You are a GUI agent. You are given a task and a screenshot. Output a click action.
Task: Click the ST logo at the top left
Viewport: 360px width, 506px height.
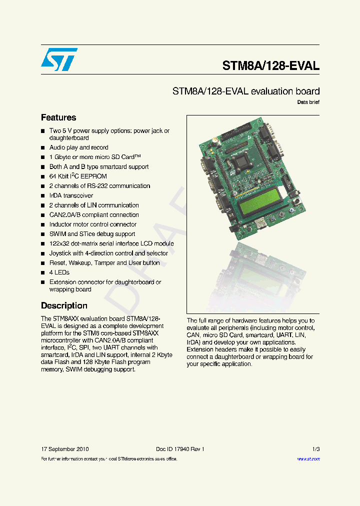(x=59, y=59)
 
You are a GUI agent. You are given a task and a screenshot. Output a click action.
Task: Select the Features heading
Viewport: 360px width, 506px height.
(x=58, y=117)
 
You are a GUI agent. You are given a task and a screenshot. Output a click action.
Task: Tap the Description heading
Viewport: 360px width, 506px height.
(x=64, y=305)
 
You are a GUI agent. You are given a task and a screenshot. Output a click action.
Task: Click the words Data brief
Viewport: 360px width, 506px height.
(x=308, y=102)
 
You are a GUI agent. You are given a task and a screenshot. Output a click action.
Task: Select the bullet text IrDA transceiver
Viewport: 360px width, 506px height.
(x=71, y=195)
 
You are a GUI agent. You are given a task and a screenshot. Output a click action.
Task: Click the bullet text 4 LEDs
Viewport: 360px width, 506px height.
(x=59, y=272)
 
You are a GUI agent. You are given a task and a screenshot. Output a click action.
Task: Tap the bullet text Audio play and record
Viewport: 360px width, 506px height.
(x=78, y=147)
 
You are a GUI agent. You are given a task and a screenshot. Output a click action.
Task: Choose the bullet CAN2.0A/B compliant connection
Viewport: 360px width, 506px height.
(x=94, y=215)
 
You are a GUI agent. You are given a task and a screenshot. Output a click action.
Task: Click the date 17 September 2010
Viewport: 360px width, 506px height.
(x=65, y=449)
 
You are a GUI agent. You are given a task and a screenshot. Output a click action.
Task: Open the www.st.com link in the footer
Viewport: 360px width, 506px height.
(x=308, y=458)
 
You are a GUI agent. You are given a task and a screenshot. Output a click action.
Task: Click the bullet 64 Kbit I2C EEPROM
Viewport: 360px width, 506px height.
(x=78, y=176)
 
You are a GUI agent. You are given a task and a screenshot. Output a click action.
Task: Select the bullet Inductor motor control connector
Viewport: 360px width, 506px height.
(x=92, y=224)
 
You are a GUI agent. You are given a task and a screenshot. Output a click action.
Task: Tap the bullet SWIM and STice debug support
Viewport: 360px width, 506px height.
(x=92, y=234)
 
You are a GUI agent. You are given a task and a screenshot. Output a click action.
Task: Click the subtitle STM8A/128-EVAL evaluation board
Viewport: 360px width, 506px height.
(x=246, y=91)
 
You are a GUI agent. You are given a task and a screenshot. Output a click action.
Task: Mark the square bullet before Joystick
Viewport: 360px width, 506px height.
(x=43, y=253)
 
